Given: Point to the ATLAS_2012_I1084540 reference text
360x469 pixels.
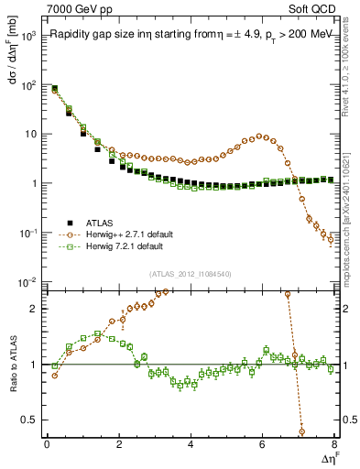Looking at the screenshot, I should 191,274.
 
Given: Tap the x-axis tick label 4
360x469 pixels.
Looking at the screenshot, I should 191,444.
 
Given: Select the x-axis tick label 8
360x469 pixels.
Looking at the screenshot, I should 334,444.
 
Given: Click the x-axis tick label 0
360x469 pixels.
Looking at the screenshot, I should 47,444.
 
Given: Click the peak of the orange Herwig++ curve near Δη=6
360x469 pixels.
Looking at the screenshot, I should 263,136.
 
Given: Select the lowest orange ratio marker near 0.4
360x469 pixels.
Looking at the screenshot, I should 302,431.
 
